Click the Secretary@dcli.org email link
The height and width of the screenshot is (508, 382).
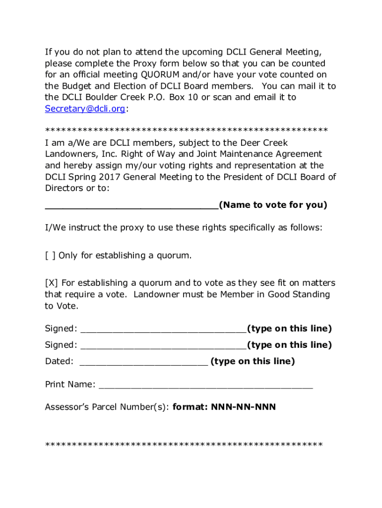(x=85, y=109)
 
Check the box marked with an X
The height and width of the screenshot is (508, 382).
(x=51, y=283)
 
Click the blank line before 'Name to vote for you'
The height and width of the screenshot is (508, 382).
(x=131, y=205)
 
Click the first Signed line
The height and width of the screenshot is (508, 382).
(x=163, y=329)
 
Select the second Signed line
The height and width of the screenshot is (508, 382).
(x=163, y=345)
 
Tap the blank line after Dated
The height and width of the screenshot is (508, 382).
(x=143, y=362)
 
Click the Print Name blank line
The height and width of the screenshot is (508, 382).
(x=206, y=385)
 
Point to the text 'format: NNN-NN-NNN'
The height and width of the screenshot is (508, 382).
(x=224, y=407)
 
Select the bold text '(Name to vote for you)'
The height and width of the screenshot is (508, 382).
(x=273, y=205)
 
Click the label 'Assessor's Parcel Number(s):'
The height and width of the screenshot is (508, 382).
(x=107, y=407)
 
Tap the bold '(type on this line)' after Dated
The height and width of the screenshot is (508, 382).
(x=253, y=361)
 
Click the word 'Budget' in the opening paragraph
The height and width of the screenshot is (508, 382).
(x=75, y=86)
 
